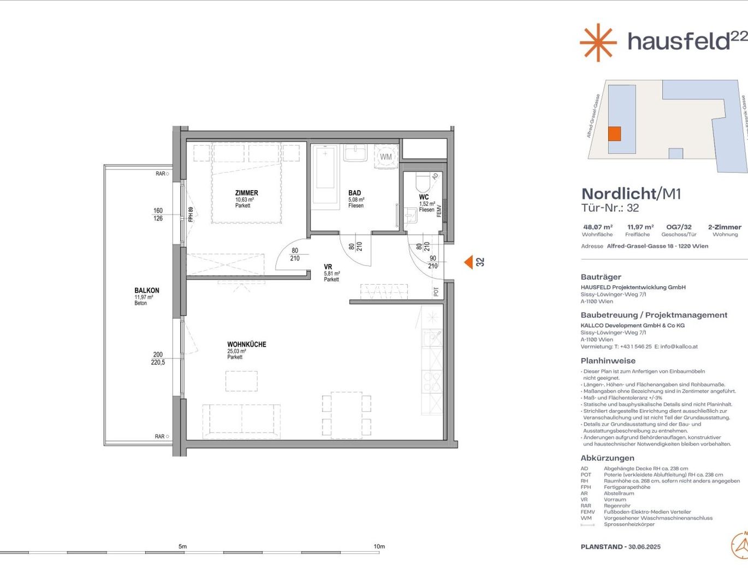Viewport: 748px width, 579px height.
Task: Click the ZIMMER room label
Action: click(246, 193)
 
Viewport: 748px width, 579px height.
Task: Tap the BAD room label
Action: click(354, 193)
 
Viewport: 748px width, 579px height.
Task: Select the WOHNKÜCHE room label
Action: click(247, 344)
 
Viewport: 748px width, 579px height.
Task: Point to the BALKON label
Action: click(147, 291)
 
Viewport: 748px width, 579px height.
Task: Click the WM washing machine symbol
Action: click(386, 157)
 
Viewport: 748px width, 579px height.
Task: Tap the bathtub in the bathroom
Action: click(325, 174)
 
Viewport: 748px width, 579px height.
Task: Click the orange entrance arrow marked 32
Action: click(468, 262)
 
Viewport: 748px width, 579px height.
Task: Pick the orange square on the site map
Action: click(614, 134)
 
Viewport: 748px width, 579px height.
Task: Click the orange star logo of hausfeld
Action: click(598, 42)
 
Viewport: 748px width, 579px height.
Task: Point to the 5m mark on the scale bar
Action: click(182, 547)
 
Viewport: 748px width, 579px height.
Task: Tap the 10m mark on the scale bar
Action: click(379, 547)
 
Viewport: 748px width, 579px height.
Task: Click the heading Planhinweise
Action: click(608, 361)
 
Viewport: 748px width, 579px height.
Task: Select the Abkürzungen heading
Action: click(607, 458)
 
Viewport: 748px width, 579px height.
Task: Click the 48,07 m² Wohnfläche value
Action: click(597, 227)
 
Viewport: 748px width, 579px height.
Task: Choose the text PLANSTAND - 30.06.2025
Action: click(620, 547)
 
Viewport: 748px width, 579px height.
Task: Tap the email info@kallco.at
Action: click(679, 346)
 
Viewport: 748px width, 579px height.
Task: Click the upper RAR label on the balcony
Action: click(161, 174)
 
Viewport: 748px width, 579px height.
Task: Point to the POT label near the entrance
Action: click(436, 292)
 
